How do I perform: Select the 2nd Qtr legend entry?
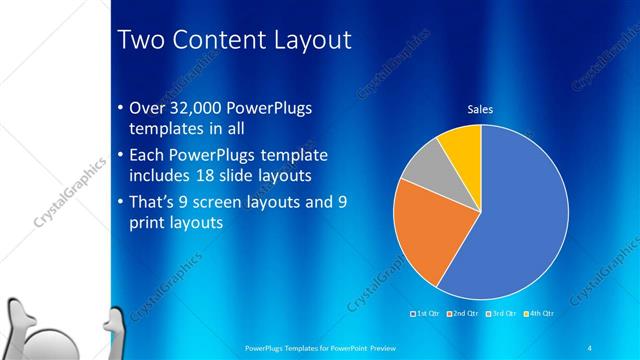tap(462, 314)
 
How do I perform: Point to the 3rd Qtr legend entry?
tap(499, 314)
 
